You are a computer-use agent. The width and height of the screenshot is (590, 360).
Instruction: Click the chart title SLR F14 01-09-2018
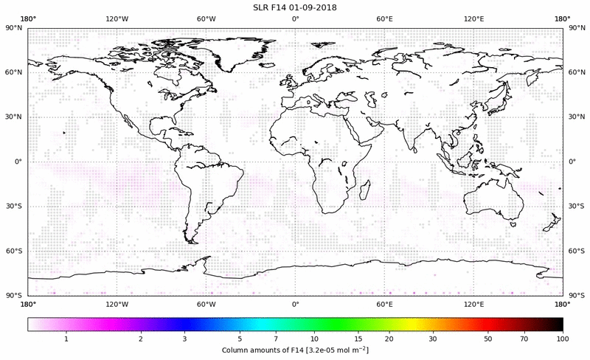[295, 7]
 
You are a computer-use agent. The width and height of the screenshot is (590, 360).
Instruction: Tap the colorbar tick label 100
[563, 338]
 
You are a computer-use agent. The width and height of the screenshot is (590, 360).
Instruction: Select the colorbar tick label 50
[487, 338]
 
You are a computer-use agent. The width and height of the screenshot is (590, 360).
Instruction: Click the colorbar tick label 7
[276, 338]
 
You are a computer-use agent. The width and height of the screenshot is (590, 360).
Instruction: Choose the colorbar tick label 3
[185, 338]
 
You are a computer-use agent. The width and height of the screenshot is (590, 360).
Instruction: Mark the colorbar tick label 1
[66, 338]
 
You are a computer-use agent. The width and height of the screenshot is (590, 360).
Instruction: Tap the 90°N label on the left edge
[14, 27]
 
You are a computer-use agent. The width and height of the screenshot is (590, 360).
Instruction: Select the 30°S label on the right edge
[576, 206]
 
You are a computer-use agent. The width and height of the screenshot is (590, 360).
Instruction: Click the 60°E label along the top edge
[384, 19]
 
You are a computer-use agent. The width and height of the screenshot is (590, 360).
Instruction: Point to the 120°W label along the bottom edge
[117, 303]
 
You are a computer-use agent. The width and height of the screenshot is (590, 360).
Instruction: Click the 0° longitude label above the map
[295, 19]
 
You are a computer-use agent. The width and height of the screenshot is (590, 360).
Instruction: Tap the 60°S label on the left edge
[14, 251]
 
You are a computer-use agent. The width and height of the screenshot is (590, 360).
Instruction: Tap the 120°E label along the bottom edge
[473, 303]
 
